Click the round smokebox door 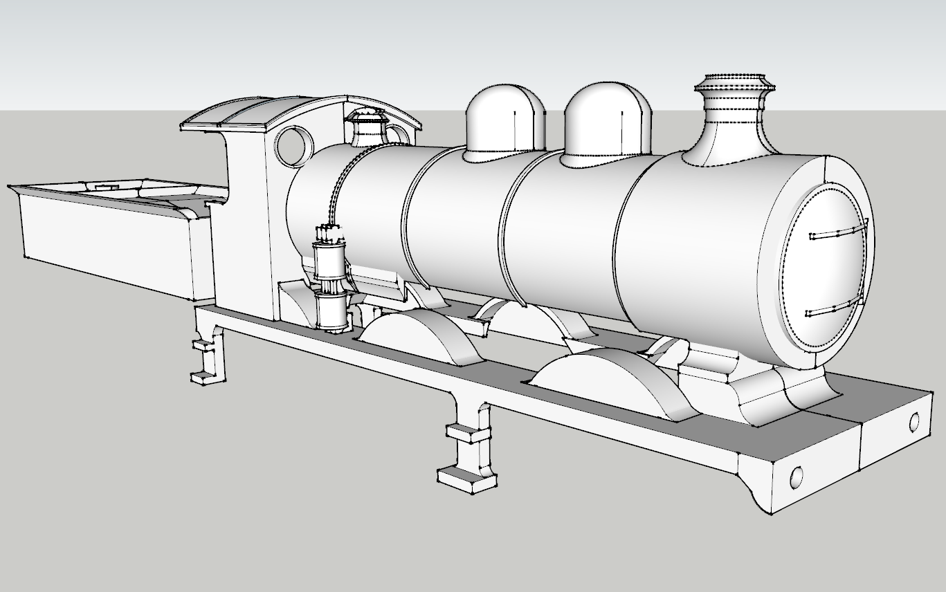[x=827, y=270]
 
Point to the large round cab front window [x=293, y=145]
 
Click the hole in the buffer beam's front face [x=914, y=420]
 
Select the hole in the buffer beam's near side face [x=796, y=477]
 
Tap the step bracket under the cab [x=208, y=356]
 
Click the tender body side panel [x=104, y=242]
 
